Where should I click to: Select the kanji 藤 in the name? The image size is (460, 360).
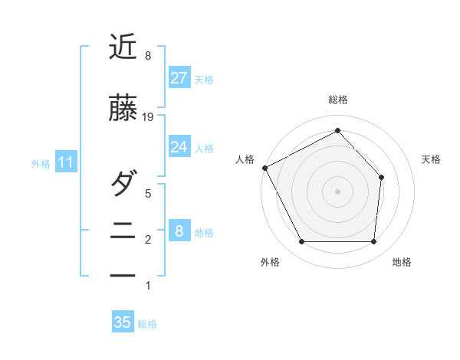[x=123, y=110]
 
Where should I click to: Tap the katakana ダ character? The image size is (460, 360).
[x=123, y=185]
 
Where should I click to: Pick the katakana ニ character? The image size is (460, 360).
[x=123, y=231]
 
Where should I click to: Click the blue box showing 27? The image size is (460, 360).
[x=179, y=78]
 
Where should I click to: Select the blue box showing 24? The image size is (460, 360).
[x=179, y=147]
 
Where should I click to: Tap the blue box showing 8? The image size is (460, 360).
[x=179, y=231]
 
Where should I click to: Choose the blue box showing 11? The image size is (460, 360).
[x=65, y=162]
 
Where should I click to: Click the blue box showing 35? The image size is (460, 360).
[x=123, y=322]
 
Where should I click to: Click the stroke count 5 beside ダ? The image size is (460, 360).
[x=148, y=194]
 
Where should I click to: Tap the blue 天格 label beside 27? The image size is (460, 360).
[x=204, y=79]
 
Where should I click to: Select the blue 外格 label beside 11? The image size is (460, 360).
[x=41, y=163]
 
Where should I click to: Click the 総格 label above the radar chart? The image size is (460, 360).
[x=337, y=100]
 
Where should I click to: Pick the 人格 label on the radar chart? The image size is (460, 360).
[x=246, y=159]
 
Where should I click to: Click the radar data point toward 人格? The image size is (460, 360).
[x=265, y=168]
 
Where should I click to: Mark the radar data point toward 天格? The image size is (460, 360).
[x=382, y=177]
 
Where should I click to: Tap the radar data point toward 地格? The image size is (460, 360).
[x=373, y=242]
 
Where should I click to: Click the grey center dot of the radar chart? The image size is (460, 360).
[x=337, y=191]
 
